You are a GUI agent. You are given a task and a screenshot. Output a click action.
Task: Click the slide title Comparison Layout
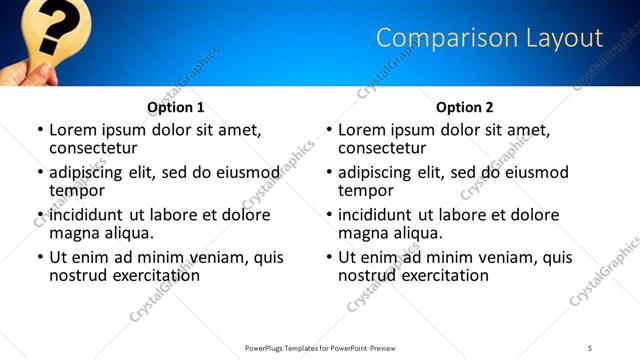489,38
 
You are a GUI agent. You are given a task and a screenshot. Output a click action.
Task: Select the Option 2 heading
464,107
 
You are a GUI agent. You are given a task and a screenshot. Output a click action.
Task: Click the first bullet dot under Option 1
40,130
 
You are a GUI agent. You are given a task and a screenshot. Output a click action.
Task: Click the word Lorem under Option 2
361,130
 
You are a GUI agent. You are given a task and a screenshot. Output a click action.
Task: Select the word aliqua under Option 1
128,233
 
